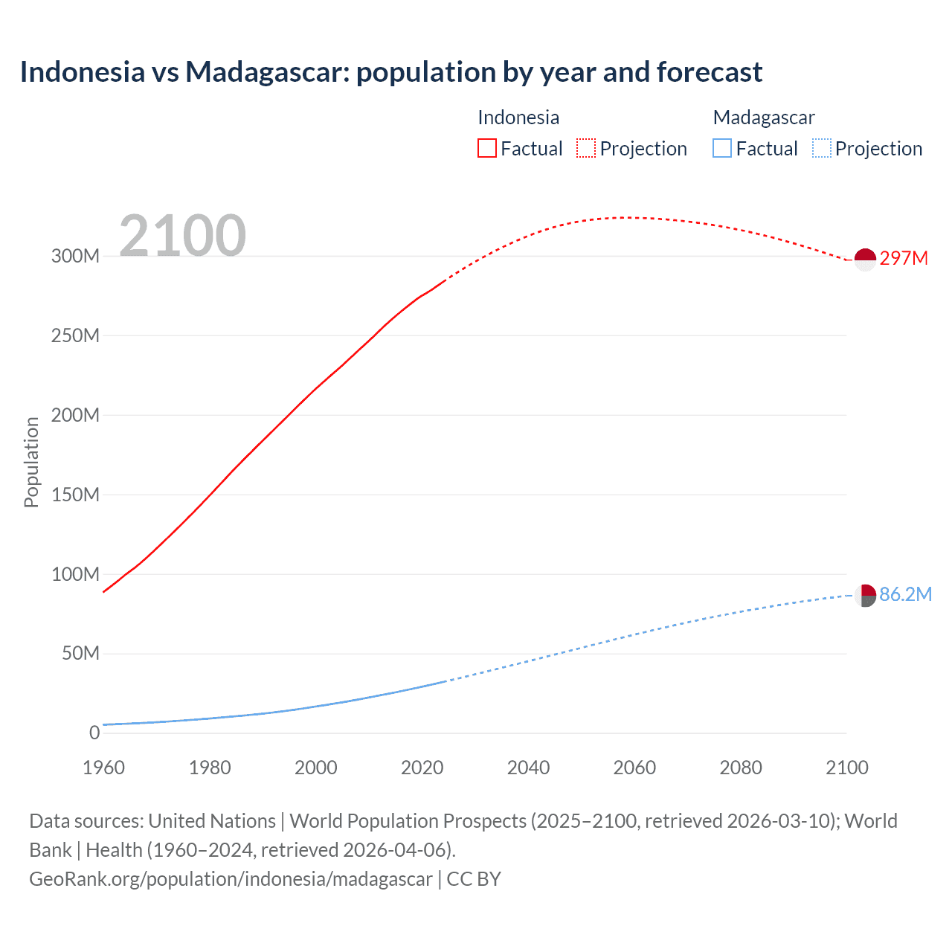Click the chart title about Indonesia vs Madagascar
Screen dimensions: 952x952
(x=391, y=72)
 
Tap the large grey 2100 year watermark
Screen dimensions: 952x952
(x=182, y=235)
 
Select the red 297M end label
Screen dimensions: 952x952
(x=904, y=258)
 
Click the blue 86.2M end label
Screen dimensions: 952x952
(x=905, y=594)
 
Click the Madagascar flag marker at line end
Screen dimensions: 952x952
(x=865, y=596)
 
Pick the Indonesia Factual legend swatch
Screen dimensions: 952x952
(x=487, y=149)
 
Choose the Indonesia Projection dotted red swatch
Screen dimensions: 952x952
(x=586, y=149)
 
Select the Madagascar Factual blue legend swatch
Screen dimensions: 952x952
(x=722, y=149)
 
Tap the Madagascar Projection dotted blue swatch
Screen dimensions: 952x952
(x=822, y=149)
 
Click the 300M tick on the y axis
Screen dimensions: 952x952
(x=75, y=256)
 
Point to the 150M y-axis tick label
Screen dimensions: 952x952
(x=75, y=495)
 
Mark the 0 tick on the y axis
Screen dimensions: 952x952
(x=94, y=733)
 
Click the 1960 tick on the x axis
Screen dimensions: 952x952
(x=103, y=768)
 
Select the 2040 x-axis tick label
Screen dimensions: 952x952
(x=528, y=768)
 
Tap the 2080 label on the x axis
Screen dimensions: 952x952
(x=741, y=768)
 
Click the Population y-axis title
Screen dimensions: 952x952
(x=31, y=462)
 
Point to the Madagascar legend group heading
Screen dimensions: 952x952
(x=764, y=118)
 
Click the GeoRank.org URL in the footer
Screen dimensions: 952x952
(x=231, y=879)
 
